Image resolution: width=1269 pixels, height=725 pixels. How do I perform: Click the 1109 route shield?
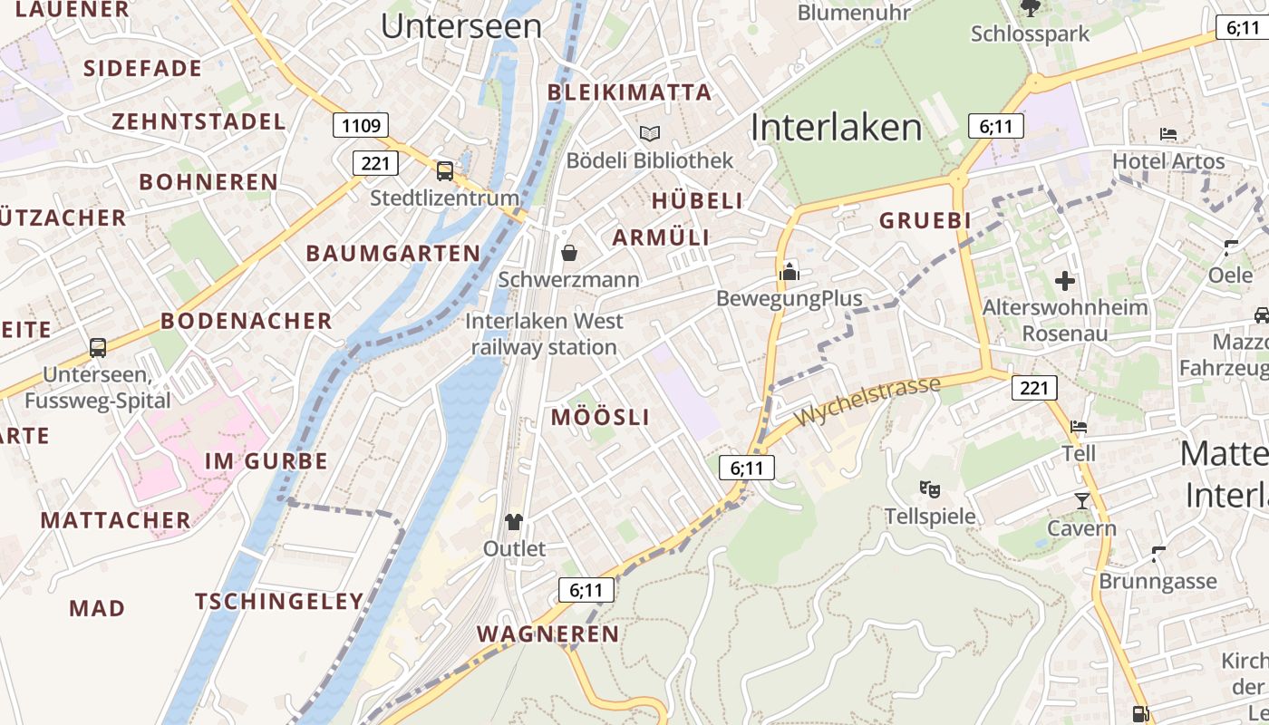[362, 125]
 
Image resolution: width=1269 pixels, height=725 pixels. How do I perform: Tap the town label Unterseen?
[461, 26]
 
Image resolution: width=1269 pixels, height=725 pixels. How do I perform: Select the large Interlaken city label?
[836, 128]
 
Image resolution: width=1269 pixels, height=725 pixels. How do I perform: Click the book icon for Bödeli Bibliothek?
[649, 134]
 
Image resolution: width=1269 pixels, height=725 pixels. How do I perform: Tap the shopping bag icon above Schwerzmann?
[568, 252]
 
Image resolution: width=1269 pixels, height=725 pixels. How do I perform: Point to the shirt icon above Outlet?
[514, 521]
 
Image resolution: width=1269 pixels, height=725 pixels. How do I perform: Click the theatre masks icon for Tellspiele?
[929, 489]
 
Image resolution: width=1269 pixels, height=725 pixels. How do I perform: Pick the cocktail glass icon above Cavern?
[1081, 501]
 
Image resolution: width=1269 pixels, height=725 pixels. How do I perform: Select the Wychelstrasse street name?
[867, 402]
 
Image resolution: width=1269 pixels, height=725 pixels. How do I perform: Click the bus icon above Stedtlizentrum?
[444, 170]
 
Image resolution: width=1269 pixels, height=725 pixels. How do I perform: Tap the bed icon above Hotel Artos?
[1168, 134]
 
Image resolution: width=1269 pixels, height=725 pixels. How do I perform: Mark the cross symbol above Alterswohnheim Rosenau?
[1065, 280]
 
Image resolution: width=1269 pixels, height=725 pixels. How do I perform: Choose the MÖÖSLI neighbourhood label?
[600, 418]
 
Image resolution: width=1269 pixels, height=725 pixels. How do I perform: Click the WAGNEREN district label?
[547, 634]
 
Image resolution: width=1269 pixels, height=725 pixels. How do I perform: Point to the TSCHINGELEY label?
[279, 602]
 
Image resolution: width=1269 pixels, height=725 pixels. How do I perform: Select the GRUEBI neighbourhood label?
[925, 220]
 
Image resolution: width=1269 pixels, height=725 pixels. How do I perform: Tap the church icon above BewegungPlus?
[789, 271]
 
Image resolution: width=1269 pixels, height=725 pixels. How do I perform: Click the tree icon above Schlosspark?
[1030, 8]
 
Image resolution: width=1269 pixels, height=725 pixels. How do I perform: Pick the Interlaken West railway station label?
[544, 333]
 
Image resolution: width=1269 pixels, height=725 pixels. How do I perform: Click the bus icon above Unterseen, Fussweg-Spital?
[98, 348]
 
